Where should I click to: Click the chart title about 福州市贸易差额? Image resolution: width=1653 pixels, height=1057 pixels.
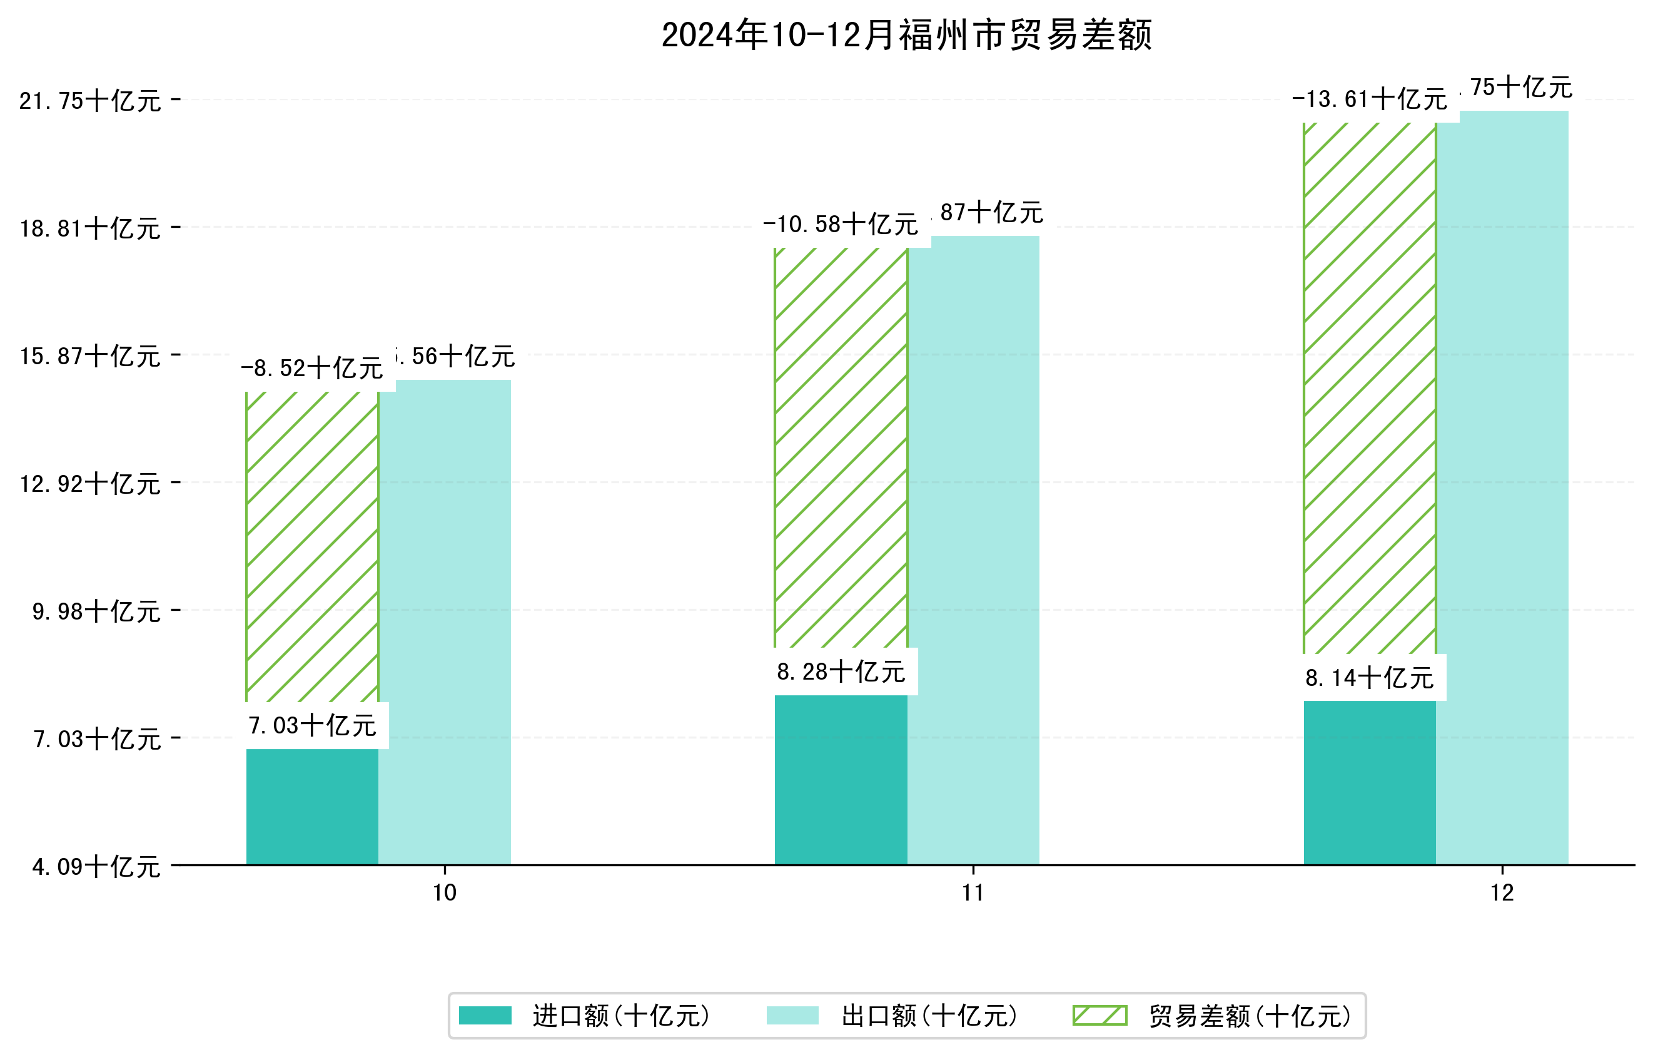coord(906,35)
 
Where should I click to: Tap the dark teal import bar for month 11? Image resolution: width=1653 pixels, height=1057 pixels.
coord(841,780)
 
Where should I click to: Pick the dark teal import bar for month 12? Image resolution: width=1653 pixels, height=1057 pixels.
coord(1370,782)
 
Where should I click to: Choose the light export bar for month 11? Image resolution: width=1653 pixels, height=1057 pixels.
coord(973,549)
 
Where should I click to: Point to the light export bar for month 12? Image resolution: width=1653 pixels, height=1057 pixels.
coord(1502,488)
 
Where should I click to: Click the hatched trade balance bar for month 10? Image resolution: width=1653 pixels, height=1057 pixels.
coord(312,546)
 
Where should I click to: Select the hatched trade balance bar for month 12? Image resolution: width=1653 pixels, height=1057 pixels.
coord(1370,388)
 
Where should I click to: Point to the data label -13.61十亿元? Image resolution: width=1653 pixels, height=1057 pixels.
coord(1370,100)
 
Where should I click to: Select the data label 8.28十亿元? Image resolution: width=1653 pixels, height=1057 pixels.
coord(841,671)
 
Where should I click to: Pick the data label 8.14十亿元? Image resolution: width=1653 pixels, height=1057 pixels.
coord(1370,678)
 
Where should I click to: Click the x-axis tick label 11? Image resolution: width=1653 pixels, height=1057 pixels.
coord(973,893)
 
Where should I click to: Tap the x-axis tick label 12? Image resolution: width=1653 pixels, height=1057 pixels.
coord(1502,893)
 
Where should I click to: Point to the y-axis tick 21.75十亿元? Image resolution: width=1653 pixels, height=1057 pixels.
coord(90,101)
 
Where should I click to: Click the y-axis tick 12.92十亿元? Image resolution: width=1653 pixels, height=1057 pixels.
coord(90,484)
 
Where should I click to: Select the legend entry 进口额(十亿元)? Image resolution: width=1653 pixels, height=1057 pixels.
coord(584,1016)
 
